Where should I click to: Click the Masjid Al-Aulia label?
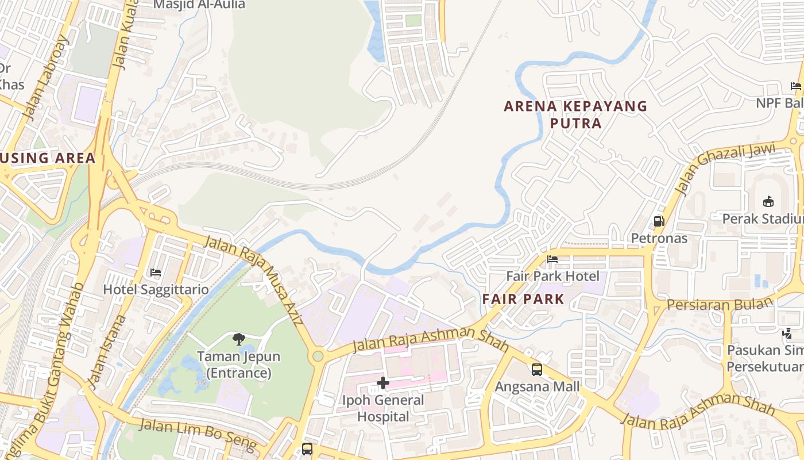[x=199, y=5]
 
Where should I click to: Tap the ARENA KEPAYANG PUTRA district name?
[x=575, y=114]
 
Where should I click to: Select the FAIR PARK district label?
[x=523, y=299]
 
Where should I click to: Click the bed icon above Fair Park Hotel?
[x=552, y=259]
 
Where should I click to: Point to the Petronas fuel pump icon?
[x=659, y=221]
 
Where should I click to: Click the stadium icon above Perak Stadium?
[x=768, y=201]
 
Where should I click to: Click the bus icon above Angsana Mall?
[x=537, y=369]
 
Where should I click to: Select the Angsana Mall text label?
[x=537, y=386]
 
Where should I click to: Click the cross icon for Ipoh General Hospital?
[x=383, y=383]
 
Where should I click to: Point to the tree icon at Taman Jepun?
[x=238, y=339]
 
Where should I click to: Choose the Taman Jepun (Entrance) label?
[x=238, y=365]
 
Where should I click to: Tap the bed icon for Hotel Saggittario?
[x=155, y=272]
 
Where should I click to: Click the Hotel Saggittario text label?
[x=155, y=289]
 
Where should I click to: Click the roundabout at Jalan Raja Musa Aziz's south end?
[x=317, y=356]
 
